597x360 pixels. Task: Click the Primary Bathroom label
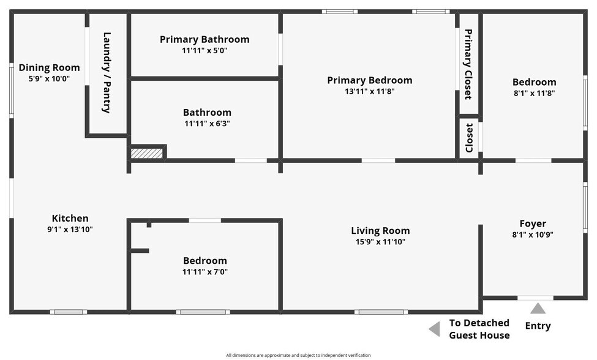click(x=205, y=40)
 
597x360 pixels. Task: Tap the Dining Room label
click(x=49, y=68)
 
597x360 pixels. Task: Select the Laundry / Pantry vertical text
click(x=107, y=73)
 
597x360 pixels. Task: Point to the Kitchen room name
click(x=70, y=219)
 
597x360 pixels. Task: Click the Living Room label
click(x=380, y=231)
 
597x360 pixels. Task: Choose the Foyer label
click(x=533, y=224)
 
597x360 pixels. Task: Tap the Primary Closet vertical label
click(x=468, y=64)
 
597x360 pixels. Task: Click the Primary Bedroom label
click(x=369, y=80)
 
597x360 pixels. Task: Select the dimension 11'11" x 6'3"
click(x=207, y=124)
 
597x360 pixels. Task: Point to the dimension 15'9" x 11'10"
click(x=380, y=242)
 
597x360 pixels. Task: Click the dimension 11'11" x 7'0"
click(x=205, y=272)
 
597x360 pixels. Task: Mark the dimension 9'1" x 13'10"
click(x=70, y=230)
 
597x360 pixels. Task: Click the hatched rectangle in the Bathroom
click(x=148, y=153)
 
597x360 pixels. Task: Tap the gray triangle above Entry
click(x=538, y=309)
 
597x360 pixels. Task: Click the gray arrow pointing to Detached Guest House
click(x=434, y=329)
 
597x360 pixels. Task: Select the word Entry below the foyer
click(x=538, y=326)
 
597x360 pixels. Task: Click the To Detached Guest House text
click(x=479, y=329)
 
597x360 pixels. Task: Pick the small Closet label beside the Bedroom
click(x=469, y=138)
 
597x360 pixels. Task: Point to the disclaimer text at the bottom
click(x=298, y=355)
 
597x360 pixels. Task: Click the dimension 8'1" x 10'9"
click(x=533, y=235)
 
